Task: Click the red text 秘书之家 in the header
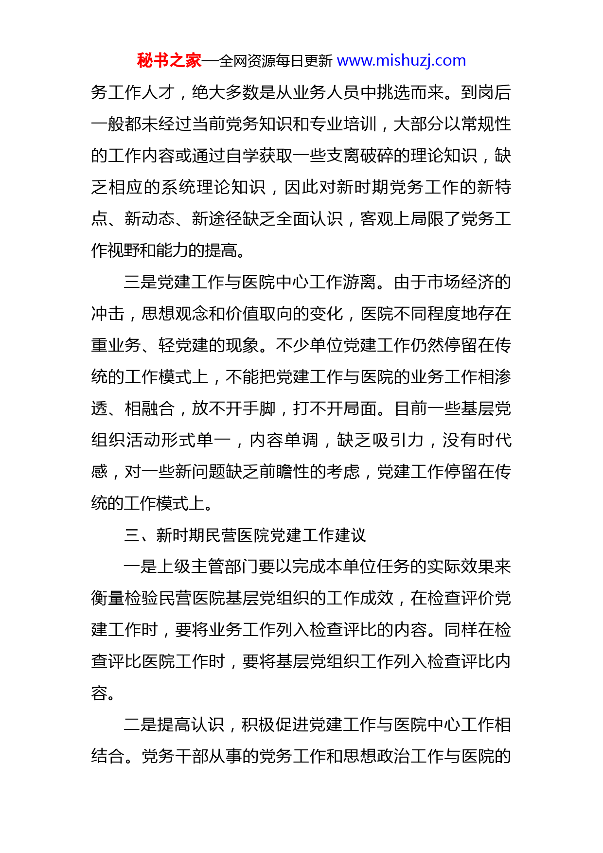(169, 61)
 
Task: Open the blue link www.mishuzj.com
(401, 61)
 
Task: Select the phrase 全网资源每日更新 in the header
(276, 61)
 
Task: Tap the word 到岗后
(486, 92)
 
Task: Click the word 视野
(124, 250)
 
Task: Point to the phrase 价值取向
(259, 314)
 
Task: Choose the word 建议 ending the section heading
(350, 535)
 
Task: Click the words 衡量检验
(124, 598)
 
